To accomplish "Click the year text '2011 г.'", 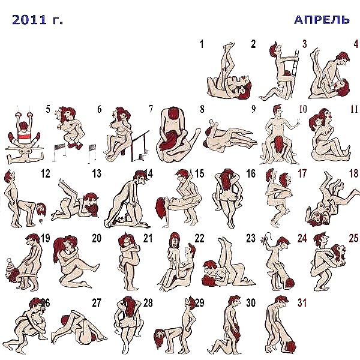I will tap(37, 20).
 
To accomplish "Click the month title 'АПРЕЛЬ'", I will tap(322, 20).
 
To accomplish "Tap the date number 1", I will tap(202, 44).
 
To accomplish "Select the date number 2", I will tap(253, 44).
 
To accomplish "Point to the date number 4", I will tap(356, 44).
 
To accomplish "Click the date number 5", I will tap(47, 109).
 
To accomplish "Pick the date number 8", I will tap(202, 109).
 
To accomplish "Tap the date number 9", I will tap(253, 109).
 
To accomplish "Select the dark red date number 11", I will tap(354, 109).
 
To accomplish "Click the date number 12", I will tap(45, 174).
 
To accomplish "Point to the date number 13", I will tap(97, 174).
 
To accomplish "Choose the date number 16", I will tap(251, 174).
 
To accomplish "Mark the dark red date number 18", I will tap(354, 174).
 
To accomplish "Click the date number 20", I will tap(97, 238).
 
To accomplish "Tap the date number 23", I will tap(251, 238).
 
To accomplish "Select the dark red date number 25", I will tap(354, 238).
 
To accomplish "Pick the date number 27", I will tap(97, 302).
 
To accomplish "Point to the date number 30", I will tap(251, 302).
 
